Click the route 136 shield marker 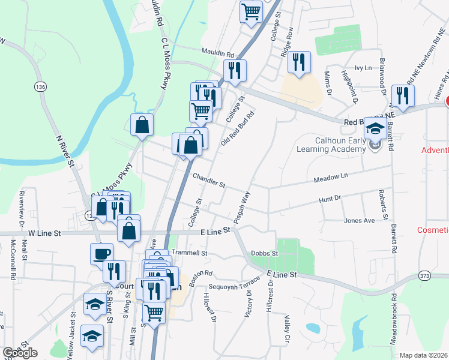point(40,87)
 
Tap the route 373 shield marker point(425,275)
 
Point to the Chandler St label point(208,179)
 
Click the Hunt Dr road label point(330,198)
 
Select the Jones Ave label point(359,221)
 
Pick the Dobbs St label point(265,254)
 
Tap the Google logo point(20,353)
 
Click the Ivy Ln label point(360,68)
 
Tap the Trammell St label point(189,253)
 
